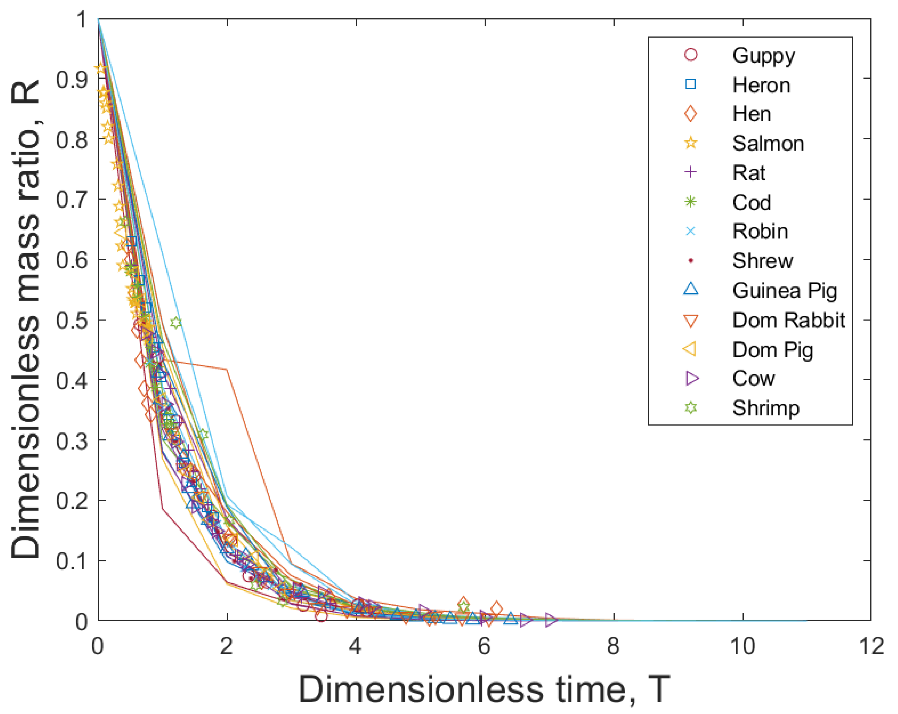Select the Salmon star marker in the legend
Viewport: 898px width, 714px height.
point(691,143)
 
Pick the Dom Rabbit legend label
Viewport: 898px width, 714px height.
point(788,320)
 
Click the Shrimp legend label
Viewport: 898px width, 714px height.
point(766,408)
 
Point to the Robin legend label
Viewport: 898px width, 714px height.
point(760,231)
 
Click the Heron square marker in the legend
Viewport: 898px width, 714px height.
point(691,84)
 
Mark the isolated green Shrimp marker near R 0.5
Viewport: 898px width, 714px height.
point(176,323)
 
